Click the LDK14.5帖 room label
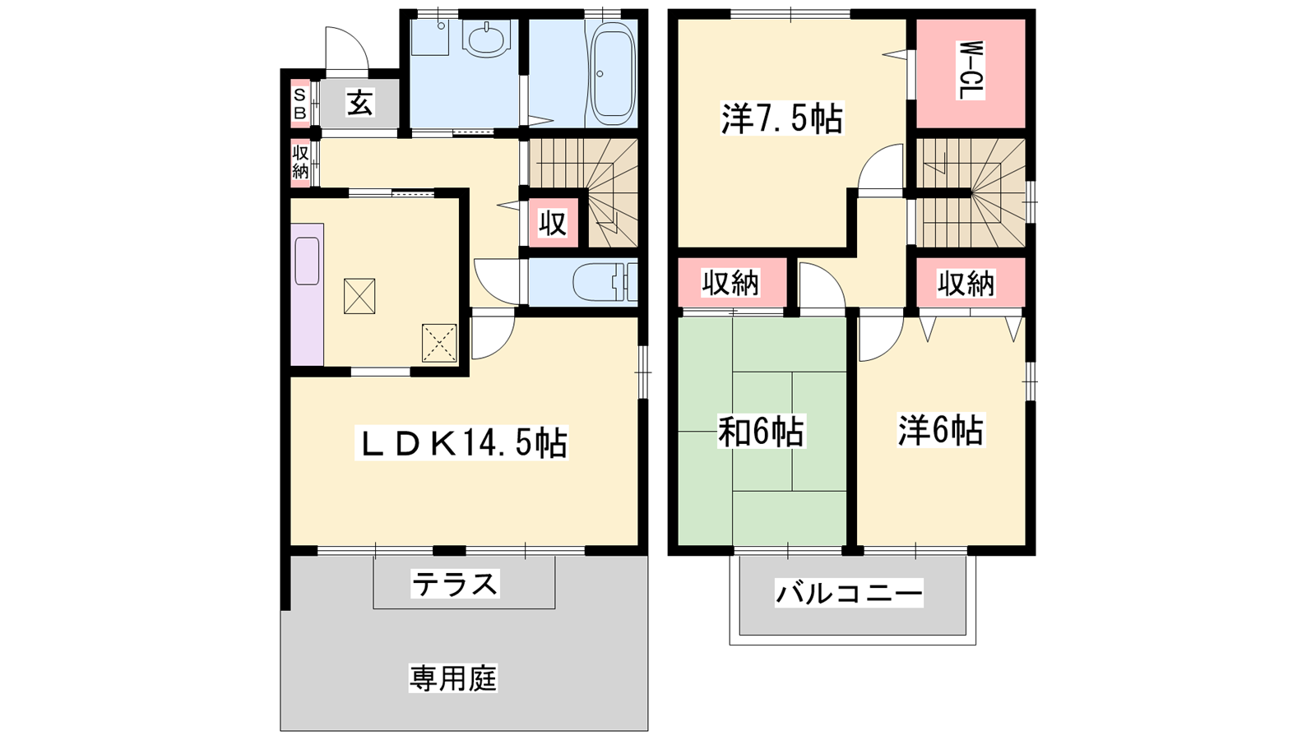[x=461, y=443]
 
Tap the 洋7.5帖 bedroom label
[x=782, y=118]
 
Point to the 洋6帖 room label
[x=941, y=430]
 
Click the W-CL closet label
[x=972, y=70]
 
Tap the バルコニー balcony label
[x=849, y=593]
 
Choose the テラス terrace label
[x=456, y=584]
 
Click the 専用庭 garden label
[x=453, y=678]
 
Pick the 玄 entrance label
[x=359, y=103]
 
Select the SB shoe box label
[x=299, y=104]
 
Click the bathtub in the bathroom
[x=612, y=73]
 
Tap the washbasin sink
[x=486, y=39]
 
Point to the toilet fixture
[x=605, y=282]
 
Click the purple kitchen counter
[x=307, y=294]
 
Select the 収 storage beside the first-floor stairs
[x=553, y=223]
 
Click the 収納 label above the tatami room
[x=730, y=284]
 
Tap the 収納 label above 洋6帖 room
[x=966, y=284]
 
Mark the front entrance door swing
[x=347, y=49]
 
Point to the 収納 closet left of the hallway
[x=300, y=164]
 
